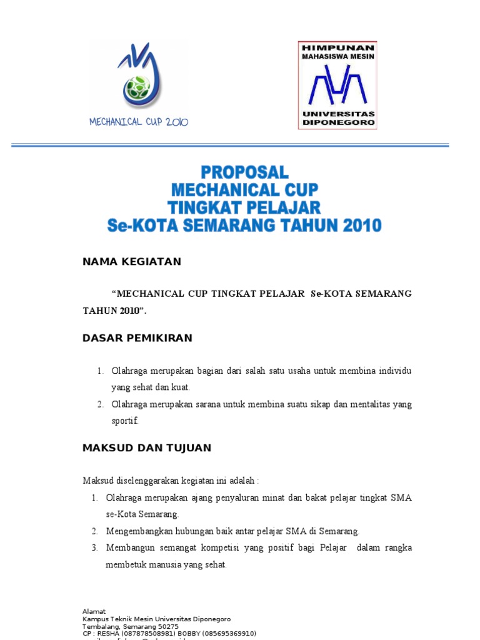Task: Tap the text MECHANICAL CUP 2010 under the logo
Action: tap(139, 122)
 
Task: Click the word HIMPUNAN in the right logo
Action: tap(337, 47)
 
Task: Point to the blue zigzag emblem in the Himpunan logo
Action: tap(337, 86)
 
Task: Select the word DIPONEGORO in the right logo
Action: tap(337, 123)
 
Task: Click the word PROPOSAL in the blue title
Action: tap(244, 172)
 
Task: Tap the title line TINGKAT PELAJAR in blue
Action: tap(244, 207)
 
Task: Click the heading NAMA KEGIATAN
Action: tap(132, 262)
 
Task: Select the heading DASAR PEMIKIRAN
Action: tap(137, 338)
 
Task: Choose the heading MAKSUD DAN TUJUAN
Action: tap(147, 447)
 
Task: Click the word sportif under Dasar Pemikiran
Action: tap(124, 421)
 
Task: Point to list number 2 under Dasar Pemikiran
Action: tap(99, 404)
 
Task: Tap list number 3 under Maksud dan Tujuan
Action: tap(94, 548)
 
